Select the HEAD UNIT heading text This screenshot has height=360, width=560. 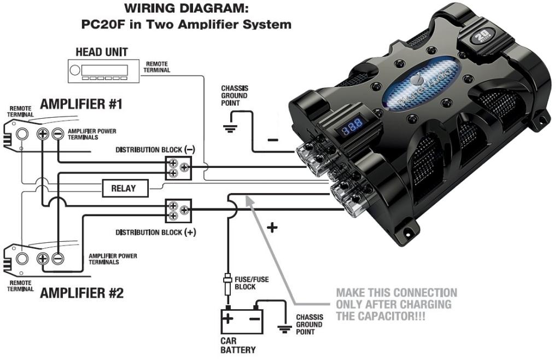click(x=101, y=53)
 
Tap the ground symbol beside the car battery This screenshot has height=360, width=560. click(x=285, y=329)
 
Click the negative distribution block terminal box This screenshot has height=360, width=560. click(x=179, y=167)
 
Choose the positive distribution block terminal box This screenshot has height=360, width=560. click(x=179, y=210)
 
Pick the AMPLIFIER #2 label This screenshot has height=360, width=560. click(x=82, y=293)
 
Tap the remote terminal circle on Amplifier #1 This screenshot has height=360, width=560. click(x=22, y=133)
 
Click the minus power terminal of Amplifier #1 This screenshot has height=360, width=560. click(x=57, y=133)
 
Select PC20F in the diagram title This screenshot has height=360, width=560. click(x=102, y=25)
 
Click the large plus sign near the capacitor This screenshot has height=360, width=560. click(x=272, y=227)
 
